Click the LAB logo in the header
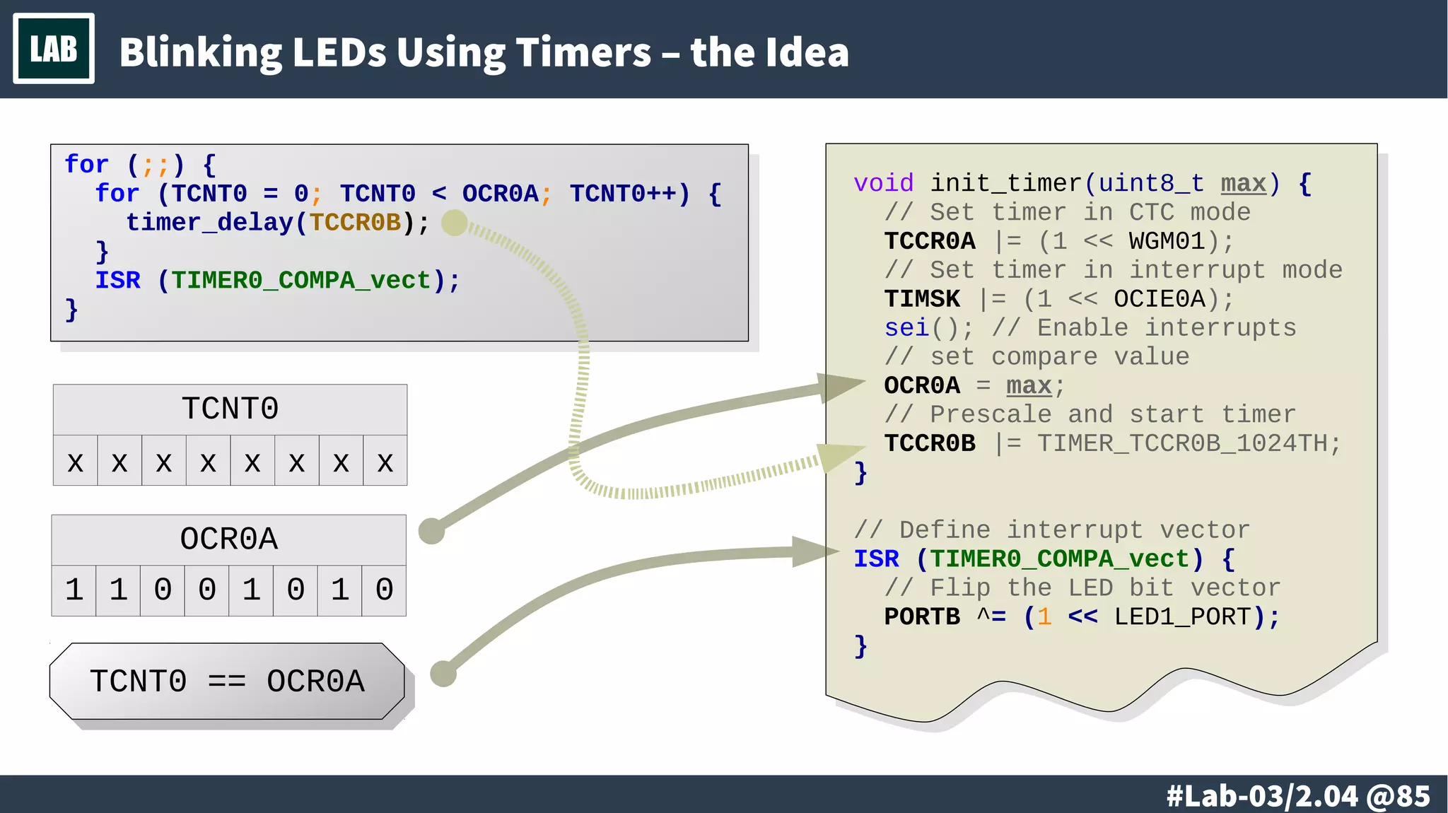click(x=54, y=49)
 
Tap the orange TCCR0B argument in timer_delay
click(x=355, y=223)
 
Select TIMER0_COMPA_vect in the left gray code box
click(x=300, y=281)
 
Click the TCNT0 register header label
click(x=230, y=409)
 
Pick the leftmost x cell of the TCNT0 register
click(x=75, y=462)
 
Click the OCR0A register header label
click(x=228, y=539)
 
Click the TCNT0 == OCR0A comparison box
click(x=227, y=682)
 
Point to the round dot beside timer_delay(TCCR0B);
click(x=455, y=223)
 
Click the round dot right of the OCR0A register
click(x=431, y=531)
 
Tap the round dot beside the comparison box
click(x=443, y=674)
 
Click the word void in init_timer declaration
click(x=883, y=183)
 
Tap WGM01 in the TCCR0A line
click(x=1167, y=241)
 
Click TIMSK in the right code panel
click(x=921, y=299)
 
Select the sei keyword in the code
click(x=906, y=328)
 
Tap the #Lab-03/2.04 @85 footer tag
click(x=1298, y=796)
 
